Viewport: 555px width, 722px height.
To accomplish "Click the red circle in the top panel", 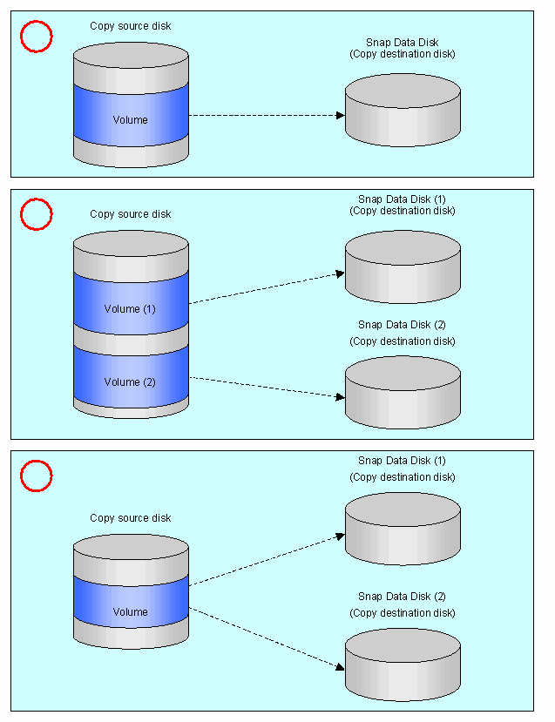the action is pos(37,21).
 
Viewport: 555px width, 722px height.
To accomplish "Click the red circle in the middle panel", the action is pos(37,199).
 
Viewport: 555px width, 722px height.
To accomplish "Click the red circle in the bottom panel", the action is pos(37,461).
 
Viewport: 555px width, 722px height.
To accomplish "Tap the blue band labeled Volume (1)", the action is pos(131,303).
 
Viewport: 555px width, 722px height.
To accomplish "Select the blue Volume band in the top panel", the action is pos(131,115).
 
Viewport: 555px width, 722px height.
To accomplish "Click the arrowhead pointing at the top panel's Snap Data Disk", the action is pos(341,115).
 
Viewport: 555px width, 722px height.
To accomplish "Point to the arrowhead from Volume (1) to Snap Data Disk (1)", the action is pos(341,274).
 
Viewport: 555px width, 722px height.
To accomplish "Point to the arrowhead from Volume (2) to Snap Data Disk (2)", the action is pos(341,396).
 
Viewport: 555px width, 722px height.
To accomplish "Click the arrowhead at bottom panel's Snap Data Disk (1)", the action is pos(341,536).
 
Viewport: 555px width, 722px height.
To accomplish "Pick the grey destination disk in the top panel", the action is pos(403,110).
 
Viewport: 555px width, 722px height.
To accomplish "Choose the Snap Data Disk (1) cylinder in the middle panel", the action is pos(403,267).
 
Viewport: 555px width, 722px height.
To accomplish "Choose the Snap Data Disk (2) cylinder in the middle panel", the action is pos(403,392).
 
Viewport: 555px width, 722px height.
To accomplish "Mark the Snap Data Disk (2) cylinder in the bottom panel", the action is pos(403,665).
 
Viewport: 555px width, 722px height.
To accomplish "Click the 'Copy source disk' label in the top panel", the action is pos(131,26).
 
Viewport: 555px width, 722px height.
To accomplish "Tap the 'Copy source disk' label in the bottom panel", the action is pos(131,518).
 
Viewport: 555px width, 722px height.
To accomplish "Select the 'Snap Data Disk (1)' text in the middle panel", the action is pos(402,199).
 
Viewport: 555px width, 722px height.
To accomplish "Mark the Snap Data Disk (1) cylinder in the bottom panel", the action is pos(403,529).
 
